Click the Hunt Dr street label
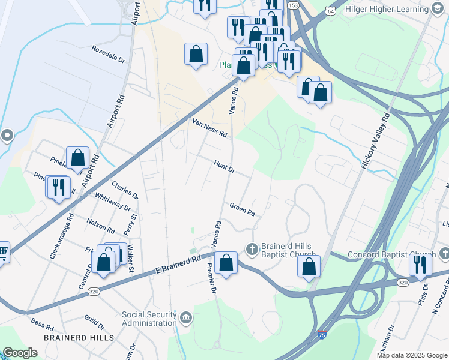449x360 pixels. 224,166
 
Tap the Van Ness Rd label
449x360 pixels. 209,127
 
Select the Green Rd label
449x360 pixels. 243,209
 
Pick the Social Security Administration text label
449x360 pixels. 150,319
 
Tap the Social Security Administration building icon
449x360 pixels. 186,316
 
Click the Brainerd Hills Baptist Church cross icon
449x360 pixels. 252,248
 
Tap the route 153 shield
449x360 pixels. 292,5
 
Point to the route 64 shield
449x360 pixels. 331,11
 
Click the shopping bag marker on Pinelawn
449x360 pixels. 78,158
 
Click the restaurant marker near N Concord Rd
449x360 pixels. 420,264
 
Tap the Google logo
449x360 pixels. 20,353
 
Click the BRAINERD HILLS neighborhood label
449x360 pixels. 79,338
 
